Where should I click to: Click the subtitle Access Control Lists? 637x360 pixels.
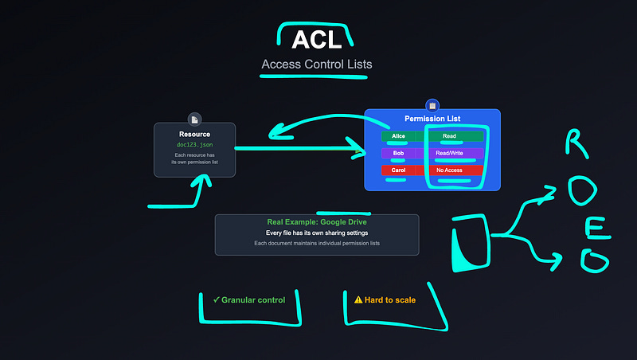coord(316,65)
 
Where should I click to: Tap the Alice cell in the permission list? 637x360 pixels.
coord(398,136)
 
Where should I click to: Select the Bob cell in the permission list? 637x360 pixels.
coord(398,153)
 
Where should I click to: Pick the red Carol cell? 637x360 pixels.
coord(398,170)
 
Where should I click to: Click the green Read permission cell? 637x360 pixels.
coord(448,136)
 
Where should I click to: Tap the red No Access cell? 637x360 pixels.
coord(448,170)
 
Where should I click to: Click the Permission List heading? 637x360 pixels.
coord(432,119)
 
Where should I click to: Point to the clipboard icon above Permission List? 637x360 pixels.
coord(432,104)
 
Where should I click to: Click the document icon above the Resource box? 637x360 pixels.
coord(194,119)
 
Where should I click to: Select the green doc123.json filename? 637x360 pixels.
coord(194,145)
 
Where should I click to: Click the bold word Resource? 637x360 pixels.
coord(194,135)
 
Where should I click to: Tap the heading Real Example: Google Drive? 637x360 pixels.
coord(316,222)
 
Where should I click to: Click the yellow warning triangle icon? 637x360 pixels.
coord(358,300)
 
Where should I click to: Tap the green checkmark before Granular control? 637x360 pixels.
coord(217,300)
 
